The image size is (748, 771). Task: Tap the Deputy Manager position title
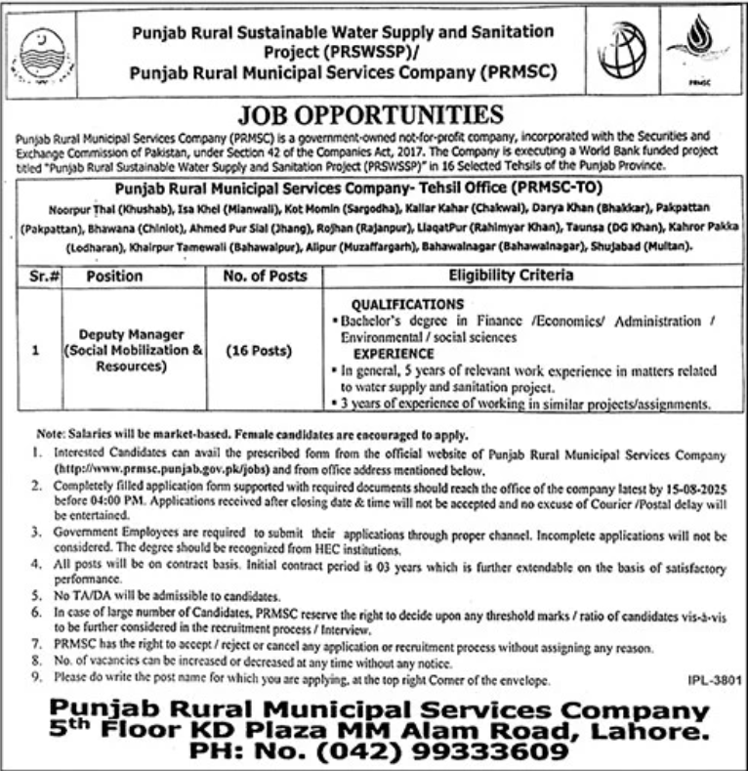(x=122, y=334)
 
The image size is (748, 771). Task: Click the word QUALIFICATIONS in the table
(x=407, y=304)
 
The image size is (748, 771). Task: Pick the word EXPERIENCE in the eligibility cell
(x=394, y=353)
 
